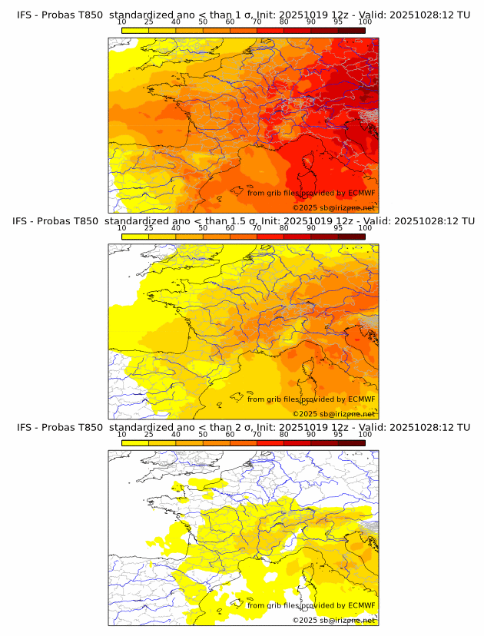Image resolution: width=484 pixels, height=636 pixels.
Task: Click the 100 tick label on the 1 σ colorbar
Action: point(365,22)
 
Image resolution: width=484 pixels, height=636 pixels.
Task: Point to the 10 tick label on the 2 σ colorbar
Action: point(122,435)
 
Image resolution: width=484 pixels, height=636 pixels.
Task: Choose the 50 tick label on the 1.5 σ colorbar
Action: point(203,228)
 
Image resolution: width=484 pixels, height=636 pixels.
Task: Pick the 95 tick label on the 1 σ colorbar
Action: point(338,22)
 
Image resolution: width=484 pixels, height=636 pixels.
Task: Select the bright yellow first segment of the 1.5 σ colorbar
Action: point(135,236)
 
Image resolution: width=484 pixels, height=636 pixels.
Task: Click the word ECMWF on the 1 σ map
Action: point(362,193)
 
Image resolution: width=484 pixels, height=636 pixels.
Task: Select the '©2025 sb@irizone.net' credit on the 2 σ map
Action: point(333,620)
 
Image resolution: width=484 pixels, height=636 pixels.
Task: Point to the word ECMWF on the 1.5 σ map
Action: point(362,399)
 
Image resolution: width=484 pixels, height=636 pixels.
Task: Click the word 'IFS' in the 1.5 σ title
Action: point(22,221)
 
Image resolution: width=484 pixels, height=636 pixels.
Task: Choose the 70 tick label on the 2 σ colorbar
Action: point(257,435)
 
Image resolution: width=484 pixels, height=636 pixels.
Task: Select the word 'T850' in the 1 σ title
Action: point(88,15)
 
